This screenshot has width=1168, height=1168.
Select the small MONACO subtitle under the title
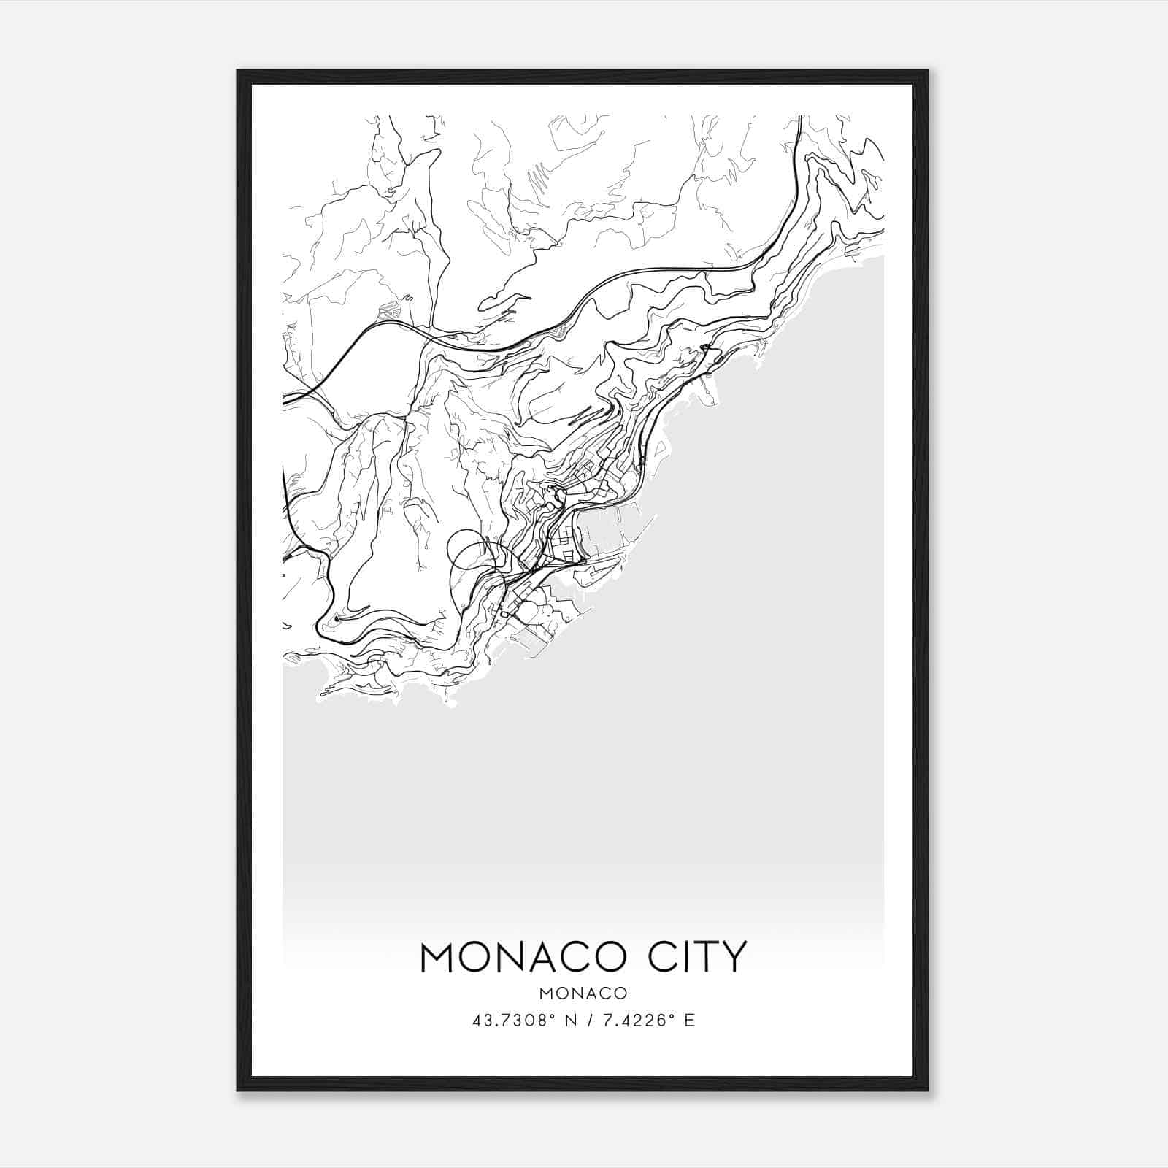583,994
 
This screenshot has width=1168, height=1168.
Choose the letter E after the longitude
690,1021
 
